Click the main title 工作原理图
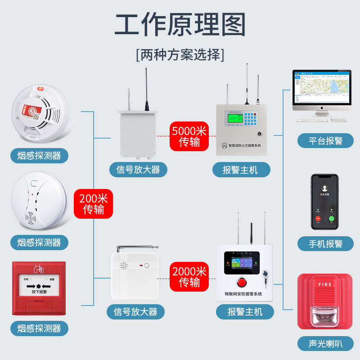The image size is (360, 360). click(180, 24)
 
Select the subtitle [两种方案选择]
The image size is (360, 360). click(180, 55)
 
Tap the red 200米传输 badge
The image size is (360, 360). click(94, 203)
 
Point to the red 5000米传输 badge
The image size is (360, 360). click(189, 136)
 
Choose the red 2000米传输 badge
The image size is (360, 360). click(189, 277)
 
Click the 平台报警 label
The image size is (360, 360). click(326, 141)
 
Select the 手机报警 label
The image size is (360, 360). click(326, 243)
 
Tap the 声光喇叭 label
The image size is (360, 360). click(326, 344)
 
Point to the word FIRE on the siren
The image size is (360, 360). click(325, 285)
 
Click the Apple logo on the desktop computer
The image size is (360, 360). click(322, 108)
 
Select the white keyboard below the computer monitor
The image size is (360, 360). click(312, 120)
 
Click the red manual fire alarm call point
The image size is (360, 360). click(39, 288)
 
